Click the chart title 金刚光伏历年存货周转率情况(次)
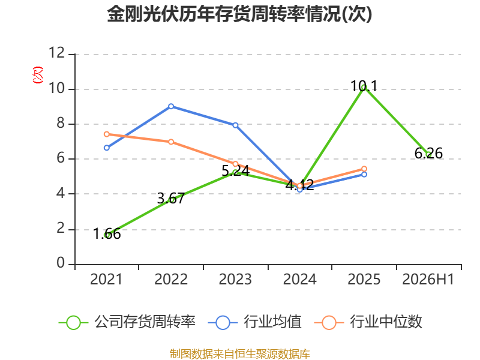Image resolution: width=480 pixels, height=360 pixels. pyautogui.click(x=239, y=14)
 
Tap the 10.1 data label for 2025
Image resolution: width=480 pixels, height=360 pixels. pyautogui.click(x=364, y=86)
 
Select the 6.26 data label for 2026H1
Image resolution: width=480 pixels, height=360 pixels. pyautogui.click(x=428, y=153)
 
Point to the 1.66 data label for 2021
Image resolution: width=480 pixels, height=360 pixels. pyautogui.click(x=107, y=234)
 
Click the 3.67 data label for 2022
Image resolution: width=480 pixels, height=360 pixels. pyautogui.click(x=171, y=199)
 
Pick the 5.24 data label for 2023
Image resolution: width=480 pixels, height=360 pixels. pyautogui.click(x=235, y=171)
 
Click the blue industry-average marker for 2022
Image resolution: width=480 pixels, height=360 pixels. pyautogui.click(x=171, y=106)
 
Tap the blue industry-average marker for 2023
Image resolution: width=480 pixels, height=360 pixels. pyautogui.click(x=235, y=125)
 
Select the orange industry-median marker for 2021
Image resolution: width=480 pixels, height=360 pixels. pyautogui.click(x=107, y=134)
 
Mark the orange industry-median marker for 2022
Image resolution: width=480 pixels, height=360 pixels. pyautogui.click(x=171, y=142)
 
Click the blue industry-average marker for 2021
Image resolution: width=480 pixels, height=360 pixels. pyautogui.click(x=107, y=148)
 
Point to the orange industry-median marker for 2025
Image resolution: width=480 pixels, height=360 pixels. pyautogui.click(x=364, y=169)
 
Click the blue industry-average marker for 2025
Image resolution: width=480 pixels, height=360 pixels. pyautogui.click(x=364, y=175)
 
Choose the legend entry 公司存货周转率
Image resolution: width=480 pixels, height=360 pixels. pyautogui.click(x=127, y=322)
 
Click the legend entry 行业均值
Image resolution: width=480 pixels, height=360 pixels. pyautogui.click(x=254, y=322)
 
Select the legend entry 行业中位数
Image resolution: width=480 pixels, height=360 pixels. pyautogui.click(x=368, y=322)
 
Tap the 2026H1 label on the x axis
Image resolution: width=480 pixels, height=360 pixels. pyautogui.click(x=428, y=279)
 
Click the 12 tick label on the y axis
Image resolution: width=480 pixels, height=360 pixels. pyautogui.click(x=57, y=53)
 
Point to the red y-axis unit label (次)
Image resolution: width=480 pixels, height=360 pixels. pyautogui.click(x=38, y=75)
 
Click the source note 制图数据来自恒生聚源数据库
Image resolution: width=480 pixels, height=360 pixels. pyautogui.click(x=240, y=354)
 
